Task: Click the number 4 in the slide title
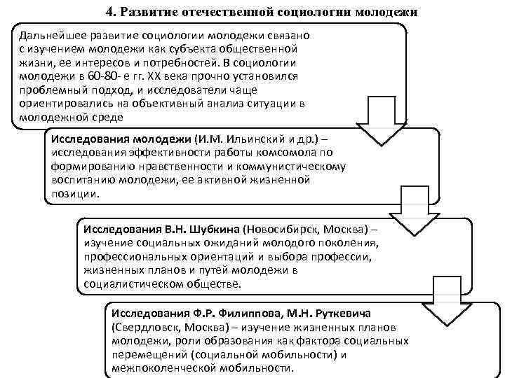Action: pyautogui.click(x=109, y=12)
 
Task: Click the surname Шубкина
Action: pyautogui.click(x=210, y=230)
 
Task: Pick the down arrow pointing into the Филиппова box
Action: pyautogui.click(x=451, y=294)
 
